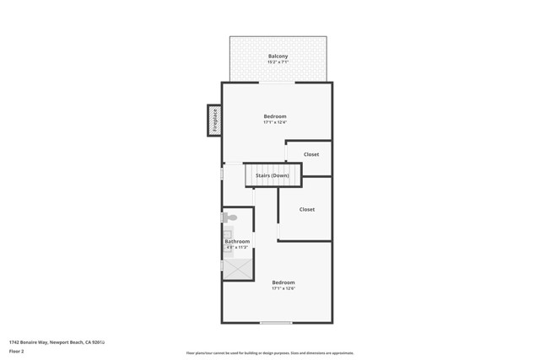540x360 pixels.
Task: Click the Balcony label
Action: tap(278, 56)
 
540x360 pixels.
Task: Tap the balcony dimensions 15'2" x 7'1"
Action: tap(278, 62)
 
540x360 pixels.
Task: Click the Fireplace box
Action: tap(214, 120)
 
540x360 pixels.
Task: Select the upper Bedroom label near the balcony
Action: tap(275, 116)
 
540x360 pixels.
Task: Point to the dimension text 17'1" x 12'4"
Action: tap(275, 123)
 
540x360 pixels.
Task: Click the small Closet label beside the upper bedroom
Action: tap(311, 154)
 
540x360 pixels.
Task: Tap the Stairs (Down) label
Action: tap(272, 175)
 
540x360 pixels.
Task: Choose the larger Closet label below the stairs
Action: tap(307, 209)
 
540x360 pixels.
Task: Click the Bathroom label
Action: tap(237, 242)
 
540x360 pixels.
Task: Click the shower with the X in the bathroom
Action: tap(237, 268)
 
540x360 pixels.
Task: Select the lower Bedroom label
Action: tap(283, 282)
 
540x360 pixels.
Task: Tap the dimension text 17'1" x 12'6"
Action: tap(283, 289)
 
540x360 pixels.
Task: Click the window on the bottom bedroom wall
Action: tap(276, 323)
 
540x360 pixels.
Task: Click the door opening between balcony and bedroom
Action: tap(276, 83)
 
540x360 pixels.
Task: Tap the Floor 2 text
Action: tap(17, 351)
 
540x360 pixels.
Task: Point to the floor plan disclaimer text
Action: tap(270, 353)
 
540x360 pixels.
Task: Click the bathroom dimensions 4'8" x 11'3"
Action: tap(236, 248)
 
